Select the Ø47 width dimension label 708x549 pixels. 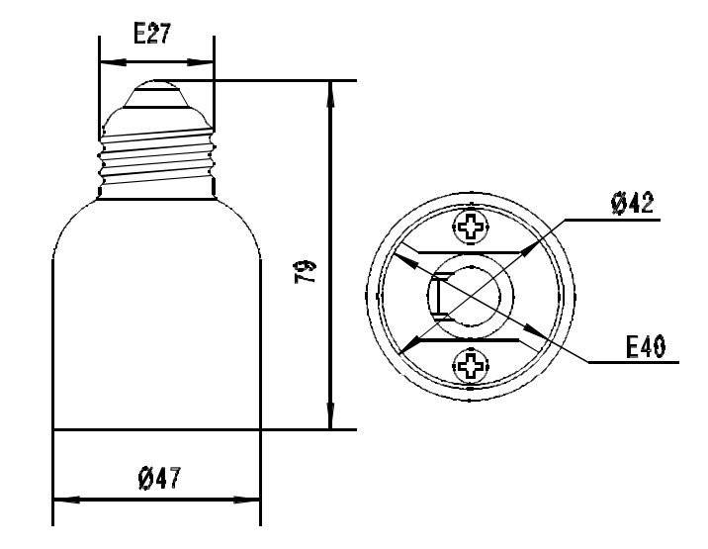point(157,480)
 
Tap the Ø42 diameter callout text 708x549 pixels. point(632,205)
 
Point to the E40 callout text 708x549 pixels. point(645,347)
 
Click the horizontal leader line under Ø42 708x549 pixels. point(613,220)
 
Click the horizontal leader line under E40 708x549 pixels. point(633,363)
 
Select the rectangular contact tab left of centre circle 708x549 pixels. point(440,298)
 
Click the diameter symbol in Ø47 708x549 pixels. point(143,480)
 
